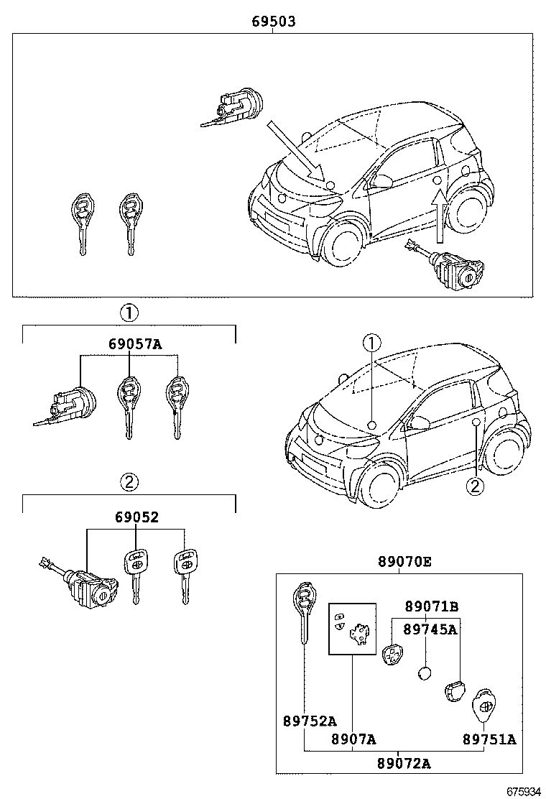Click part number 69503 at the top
(273, 22)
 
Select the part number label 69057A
(135, 344)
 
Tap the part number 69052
(136, 517)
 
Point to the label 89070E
(405, 562)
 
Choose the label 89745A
(430, 629)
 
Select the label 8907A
(353, 739)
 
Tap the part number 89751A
(489, 739)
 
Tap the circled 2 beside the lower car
(474, 486)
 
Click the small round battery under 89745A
(425, 674)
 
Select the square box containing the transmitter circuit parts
(352, 628)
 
